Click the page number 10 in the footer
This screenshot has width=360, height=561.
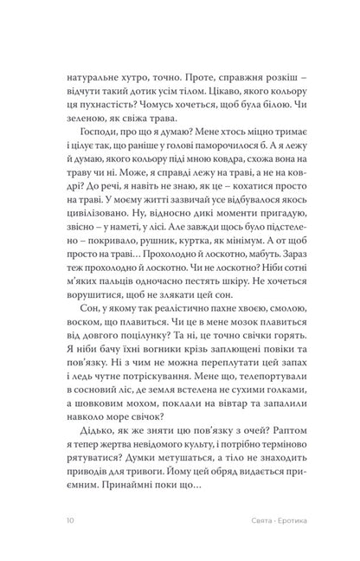tap(57, 519)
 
